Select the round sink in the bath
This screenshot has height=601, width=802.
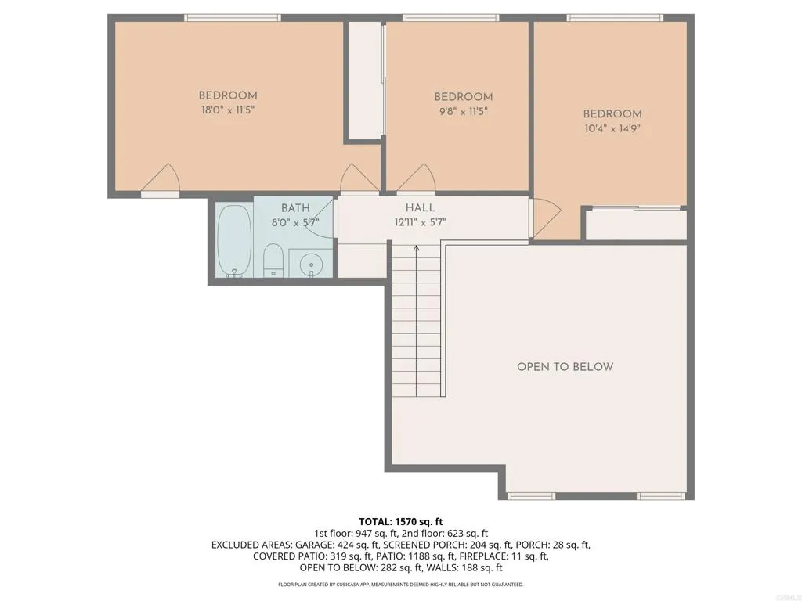click(x=312, y=264)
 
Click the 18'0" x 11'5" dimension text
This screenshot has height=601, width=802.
click(x=228, y=110)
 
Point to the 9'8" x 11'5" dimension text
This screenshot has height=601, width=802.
click(x=463, y=111)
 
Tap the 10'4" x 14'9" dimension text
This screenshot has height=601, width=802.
click(x=612, y=128)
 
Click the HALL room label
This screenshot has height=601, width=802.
click(x=421, y=207)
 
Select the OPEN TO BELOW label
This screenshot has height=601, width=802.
click(x=565, y=366)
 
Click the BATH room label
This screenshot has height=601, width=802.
click(x=295, y=207)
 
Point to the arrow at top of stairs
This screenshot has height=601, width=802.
click(x=416, y=249)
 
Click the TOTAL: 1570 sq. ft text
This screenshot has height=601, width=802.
click(x=401, y=521)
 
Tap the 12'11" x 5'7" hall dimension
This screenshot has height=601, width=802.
click(x=421, y=221)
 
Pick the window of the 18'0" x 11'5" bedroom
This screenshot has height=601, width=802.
click(x=232, y=17)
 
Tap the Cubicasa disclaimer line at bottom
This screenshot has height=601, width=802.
click(x=401, y=585)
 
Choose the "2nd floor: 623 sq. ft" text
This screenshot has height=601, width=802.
click(x=444, y=533)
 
